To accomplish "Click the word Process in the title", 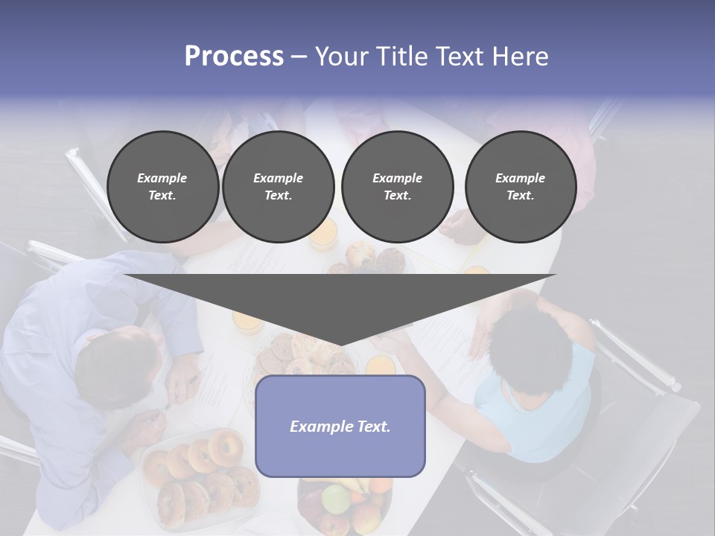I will pos(234,57).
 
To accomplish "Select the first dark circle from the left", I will pos(162,187).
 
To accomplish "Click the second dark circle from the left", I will pos(278,187).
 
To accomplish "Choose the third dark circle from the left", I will pos(397,187).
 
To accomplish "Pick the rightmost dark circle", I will pos(520,187).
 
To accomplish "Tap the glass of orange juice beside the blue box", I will pos(381,366).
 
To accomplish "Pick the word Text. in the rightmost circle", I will pos(520,196).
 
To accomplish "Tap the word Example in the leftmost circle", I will pos(162,178).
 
